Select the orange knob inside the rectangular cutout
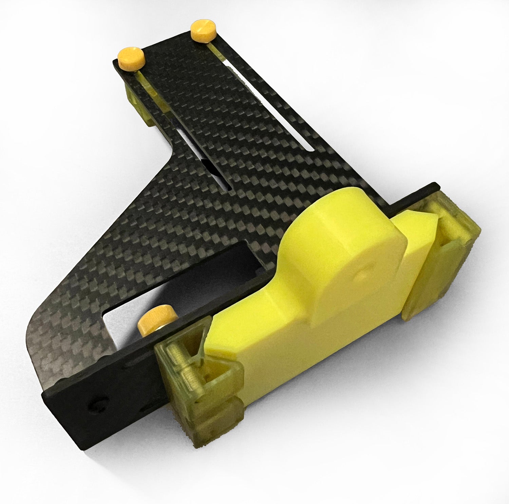(158, 319)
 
